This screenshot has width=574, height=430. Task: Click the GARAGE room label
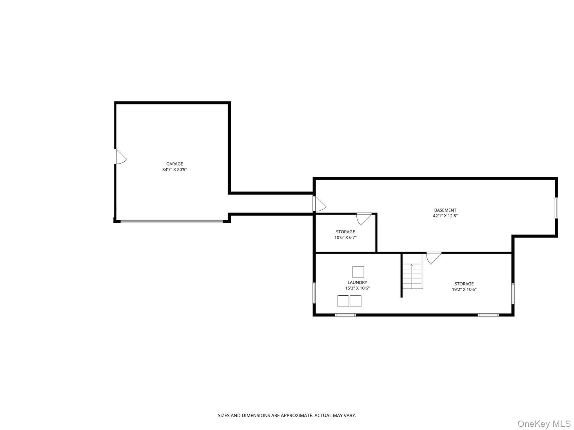tap(175, 164)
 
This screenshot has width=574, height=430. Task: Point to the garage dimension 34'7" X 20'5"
tap(175, 170)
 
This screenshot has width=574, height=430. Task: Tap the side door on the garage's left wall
tap(120, 156)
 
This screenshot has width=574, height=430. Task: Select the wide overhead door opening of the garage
tap(172, 221)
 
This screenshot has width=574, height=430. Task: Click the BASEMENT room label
tap(445, 210)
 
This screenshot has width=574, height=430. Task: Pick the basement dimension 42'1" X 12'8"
tap(445, 216)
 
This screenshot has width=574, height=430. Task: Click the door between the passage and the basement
tap(318, 204)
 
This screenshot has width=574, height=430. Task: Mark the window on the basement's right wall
tap(556, 208)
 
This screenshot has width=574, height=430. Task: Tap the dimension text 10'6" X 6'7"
tap(345, 237)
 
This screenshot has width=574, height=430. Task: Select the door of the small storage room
tap(364, 218)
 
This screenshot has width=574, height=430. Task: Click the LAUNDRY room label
tap(357, 283)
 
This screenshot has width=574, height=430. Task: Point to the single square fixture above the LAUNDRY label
tap(358, 272)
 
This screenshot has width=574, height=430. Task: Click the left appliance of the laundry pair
tap(343, 301)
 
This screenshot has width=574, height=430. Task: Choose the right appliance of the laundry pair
tap(356, 301)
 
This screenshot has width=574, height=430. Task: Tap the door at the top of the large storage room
tap(433, 257)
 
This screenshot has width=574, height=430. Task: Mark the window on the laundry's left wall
tap(315, 293)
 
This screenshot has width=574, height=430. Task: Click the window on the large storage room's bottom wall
tap(488, 315)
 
